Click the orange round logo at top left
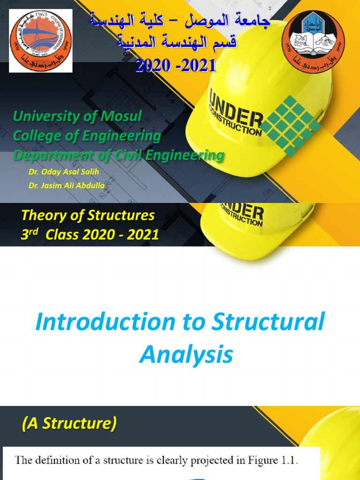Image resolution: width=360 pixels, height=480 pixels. point(41,40)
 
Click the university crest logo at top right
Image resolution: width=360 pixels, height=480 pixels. point(313,41)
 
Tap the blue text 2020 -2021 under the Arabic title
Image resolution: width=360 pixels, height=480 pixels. point(176,65)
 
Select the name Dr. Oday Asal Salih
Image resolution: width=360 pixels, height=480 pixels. point(64,172)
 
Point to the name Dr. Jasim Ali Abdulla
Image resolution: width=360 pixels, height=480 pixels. point(67,186)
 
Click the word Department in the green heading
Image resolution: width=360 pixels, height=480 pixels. point(51,155)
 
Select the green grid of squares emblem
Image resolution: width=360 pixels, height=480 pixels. point(291,126)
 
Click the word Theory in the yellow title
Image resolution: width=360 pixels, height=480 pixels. point(43,216)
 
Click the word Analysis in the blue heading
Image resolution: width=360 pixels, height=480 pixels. point(186,355)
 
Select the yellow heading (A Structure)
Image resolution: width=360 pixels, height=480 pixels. point(69,423)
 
